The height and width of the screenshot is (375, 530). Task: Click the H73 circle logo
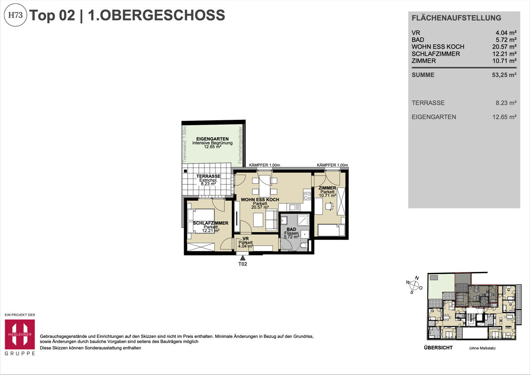pyautogui.click(x=16, y=15)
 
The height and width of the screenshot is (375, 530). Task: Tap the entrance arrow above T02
pyautogui.click(x=242, y=258)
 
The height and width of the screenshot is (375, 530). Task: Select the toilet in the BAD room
pyautogui.click(x=303, y=245)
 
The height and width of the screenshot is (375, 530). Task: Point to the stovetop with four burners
pyautogui.click(x=307, y=195)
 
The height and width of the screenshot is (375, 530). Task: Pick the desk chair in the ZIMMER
pyautogui.click(x=328, y=205)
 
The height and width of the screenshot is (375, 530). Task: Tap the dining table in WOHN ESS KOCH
pyautogui.click(x=265, y=186)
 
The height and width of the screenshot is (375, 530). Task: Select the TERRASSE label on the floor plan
pyautogui.click(x=208, y=176)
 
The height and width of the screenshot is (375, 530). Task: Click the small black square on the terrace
pyautogui.click(x=185, y=171)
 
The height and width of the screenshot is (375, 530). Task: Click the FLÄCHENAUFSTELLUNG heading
pyautogui.click(x=456, y=18)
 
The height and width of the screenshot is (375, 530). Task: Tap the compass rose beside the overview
pyautogui.click(x=415, y=285)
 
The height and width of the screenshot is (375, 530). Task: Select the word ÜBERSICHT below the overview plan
pyautogui.click(x=438, y=348)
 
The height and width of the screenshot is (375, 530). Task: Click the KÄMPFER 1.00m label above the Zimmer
pyautogui.click(x=332, y=165)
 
